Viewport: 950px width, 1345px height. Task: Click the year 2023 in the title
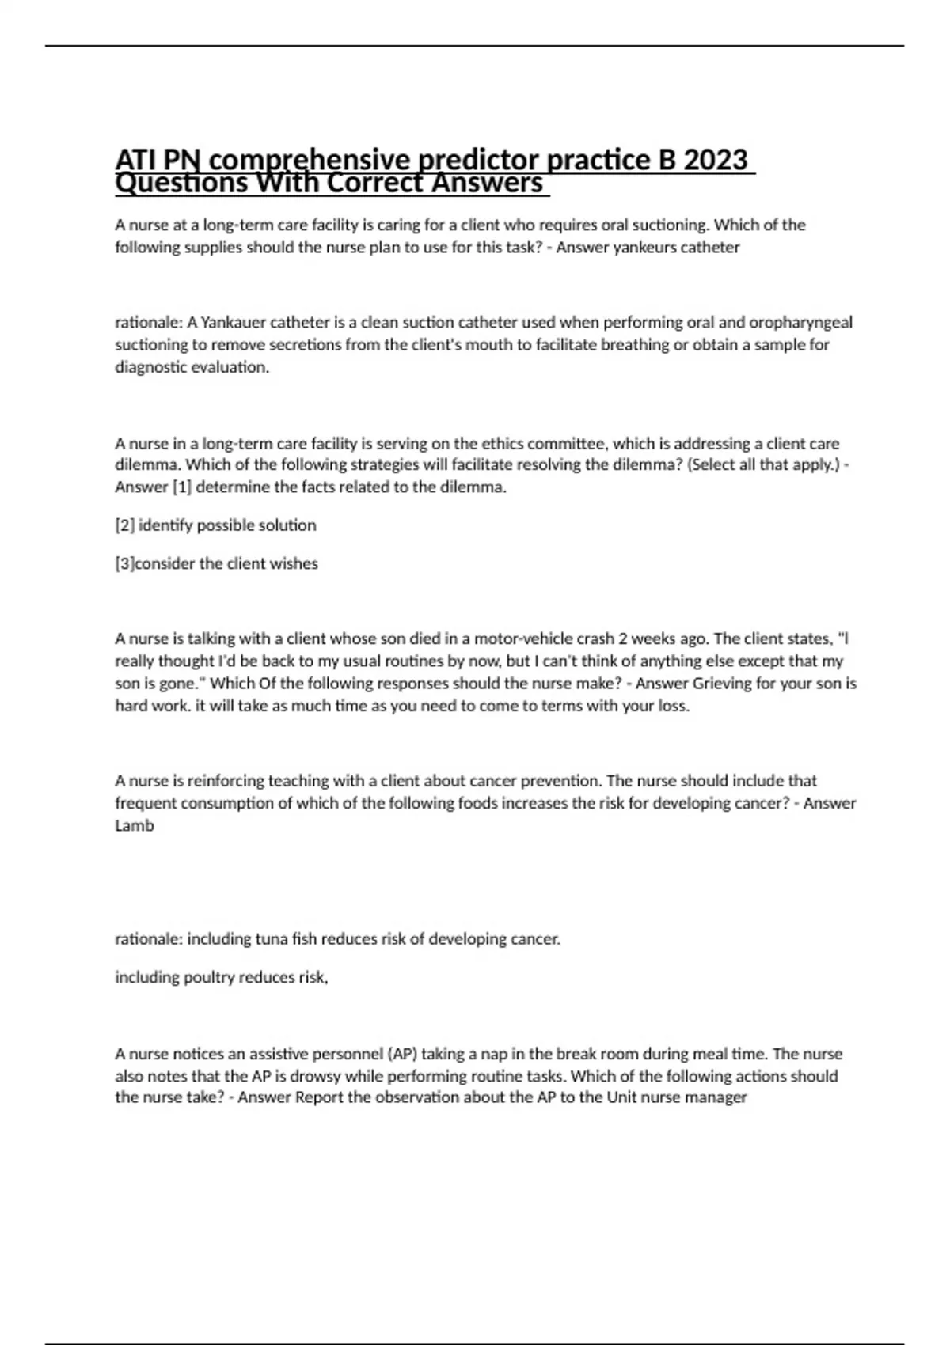click(x=715, y=160)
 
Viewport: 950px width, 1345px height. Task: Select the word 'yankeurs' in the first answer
click(x=645, y=248)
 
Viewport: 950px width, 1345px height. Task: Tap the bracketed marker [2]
click(x=125, y=525)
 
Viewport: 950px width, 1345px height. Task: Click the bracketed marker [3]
click(x=125, y=564)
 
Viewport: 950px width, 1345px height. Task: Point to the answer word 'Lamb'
click(x=135, y=826)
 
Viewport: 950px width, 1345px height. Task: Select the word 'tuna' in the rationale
click(x=272, y=940)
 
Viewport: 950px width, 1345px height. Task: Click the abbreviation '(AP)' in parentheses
click(x=402, y=1055)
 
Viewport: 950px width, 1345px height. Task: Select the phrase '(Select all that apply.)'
click(x=766, y=465)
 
